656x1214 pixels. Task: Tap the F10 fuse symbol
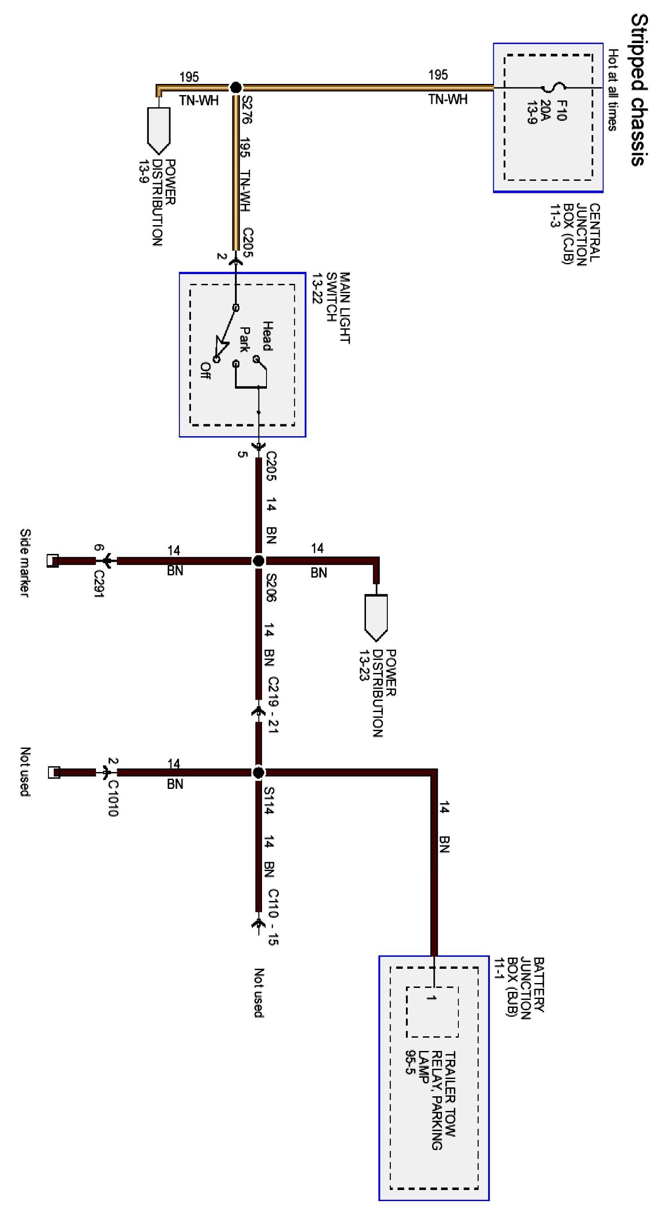click(552, 88)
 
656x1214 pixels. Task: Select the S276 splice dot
click(236, 87)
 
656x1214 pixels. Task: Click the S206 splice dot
click(258, 561)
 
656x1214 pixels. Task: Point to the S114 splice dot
click(258, 772)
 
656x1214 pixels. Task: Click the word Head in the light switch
click(267, 336)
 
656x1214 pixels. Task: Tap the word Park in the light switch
click(245, 339)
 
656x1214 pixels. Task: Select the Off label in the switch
click(206, 370)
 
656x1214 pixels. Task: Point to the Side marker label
click(25, 563)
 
